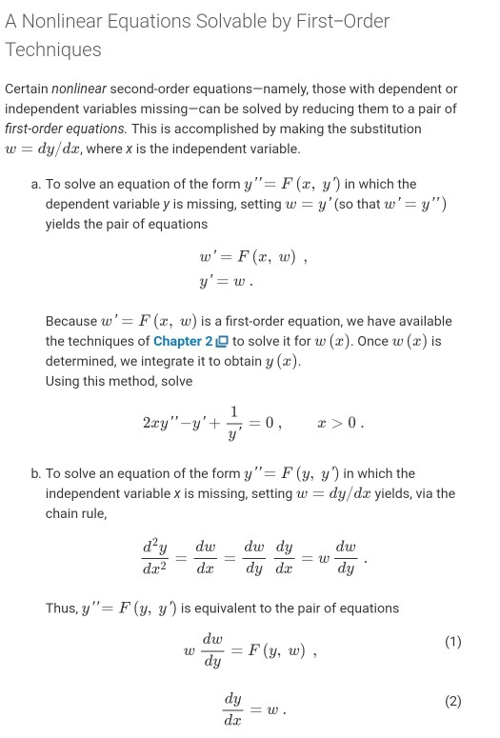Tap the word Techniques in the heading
53,50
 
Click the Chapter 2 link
183,341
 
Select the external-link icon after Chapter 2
222,341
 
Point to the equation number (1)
452,643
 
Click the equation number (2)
452,702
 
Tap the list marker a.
35,184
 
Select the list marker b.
35,473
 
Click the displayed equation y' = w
225,282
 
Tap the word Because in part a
73,321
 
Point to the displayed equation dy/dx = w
253,709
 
